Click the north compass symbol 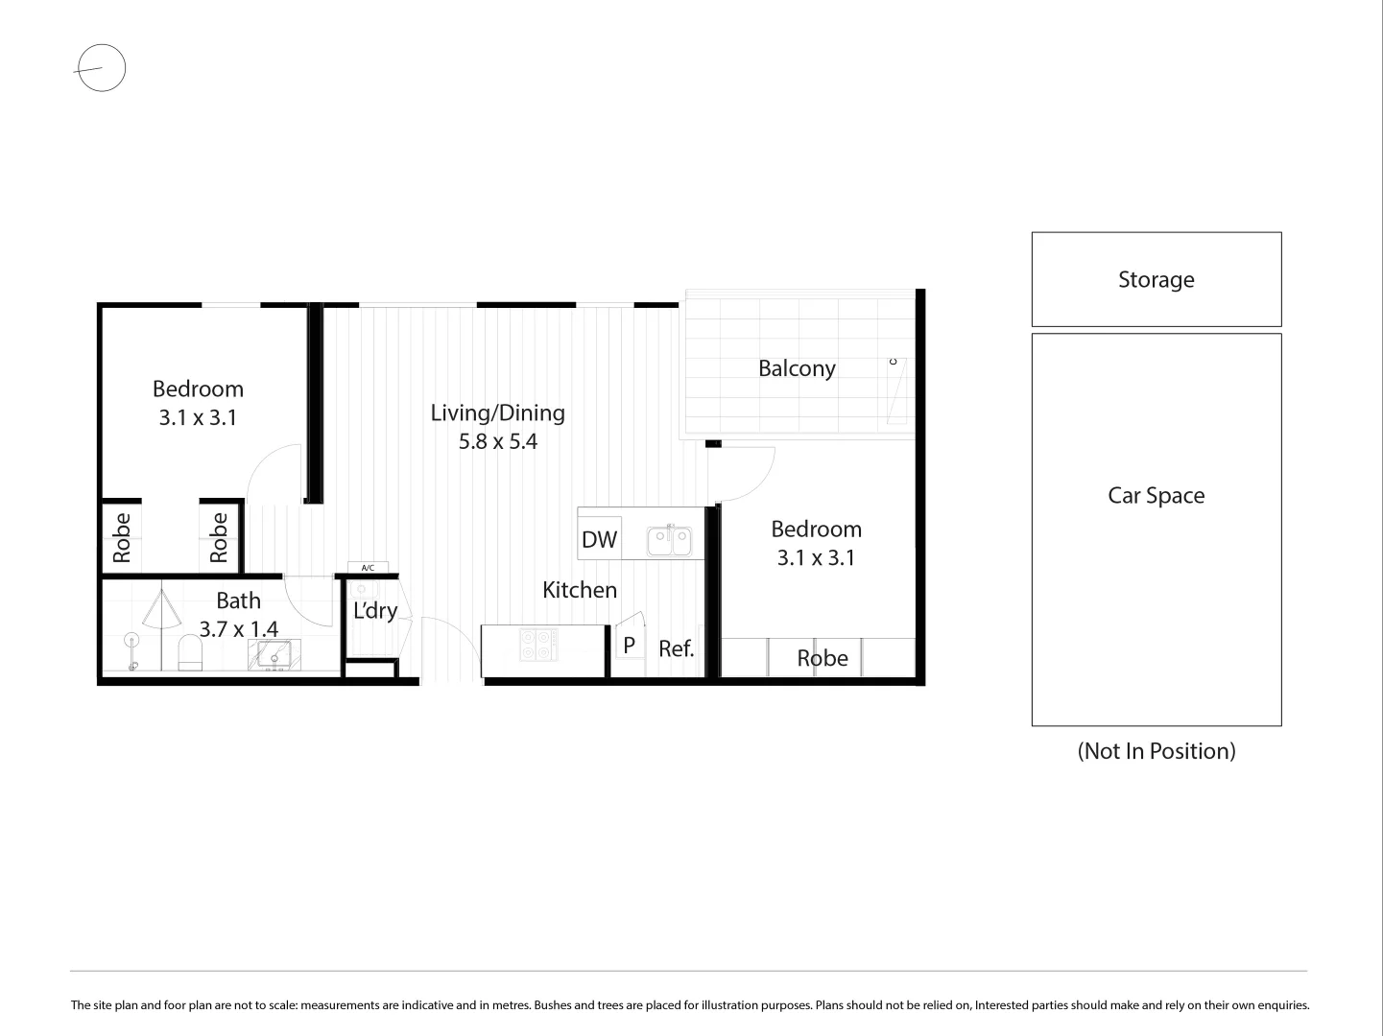pos(101,68)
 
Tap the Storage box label pos(1156,279)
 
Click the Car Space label pos(1156,495)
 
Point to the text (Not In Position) pos(1156,751)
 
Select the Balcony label pos(797,368)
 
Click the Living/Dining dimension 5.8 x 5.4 pos(497,442)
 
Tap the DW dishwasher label pos(599,539)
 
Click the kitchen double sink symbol pos(669,541)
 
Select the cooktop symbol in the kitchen pos(538,645)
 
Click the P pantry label pos(629,646)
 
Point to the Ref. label pos(676,649)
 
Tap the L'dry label pos(374,611)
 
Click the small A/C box pos(368,568)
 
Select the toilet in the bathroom pos(191,654)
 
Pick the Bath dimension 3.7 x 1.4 pos(238,629)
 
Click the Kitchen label pos(579,590)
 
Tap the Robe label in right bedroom pos(823,658)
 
